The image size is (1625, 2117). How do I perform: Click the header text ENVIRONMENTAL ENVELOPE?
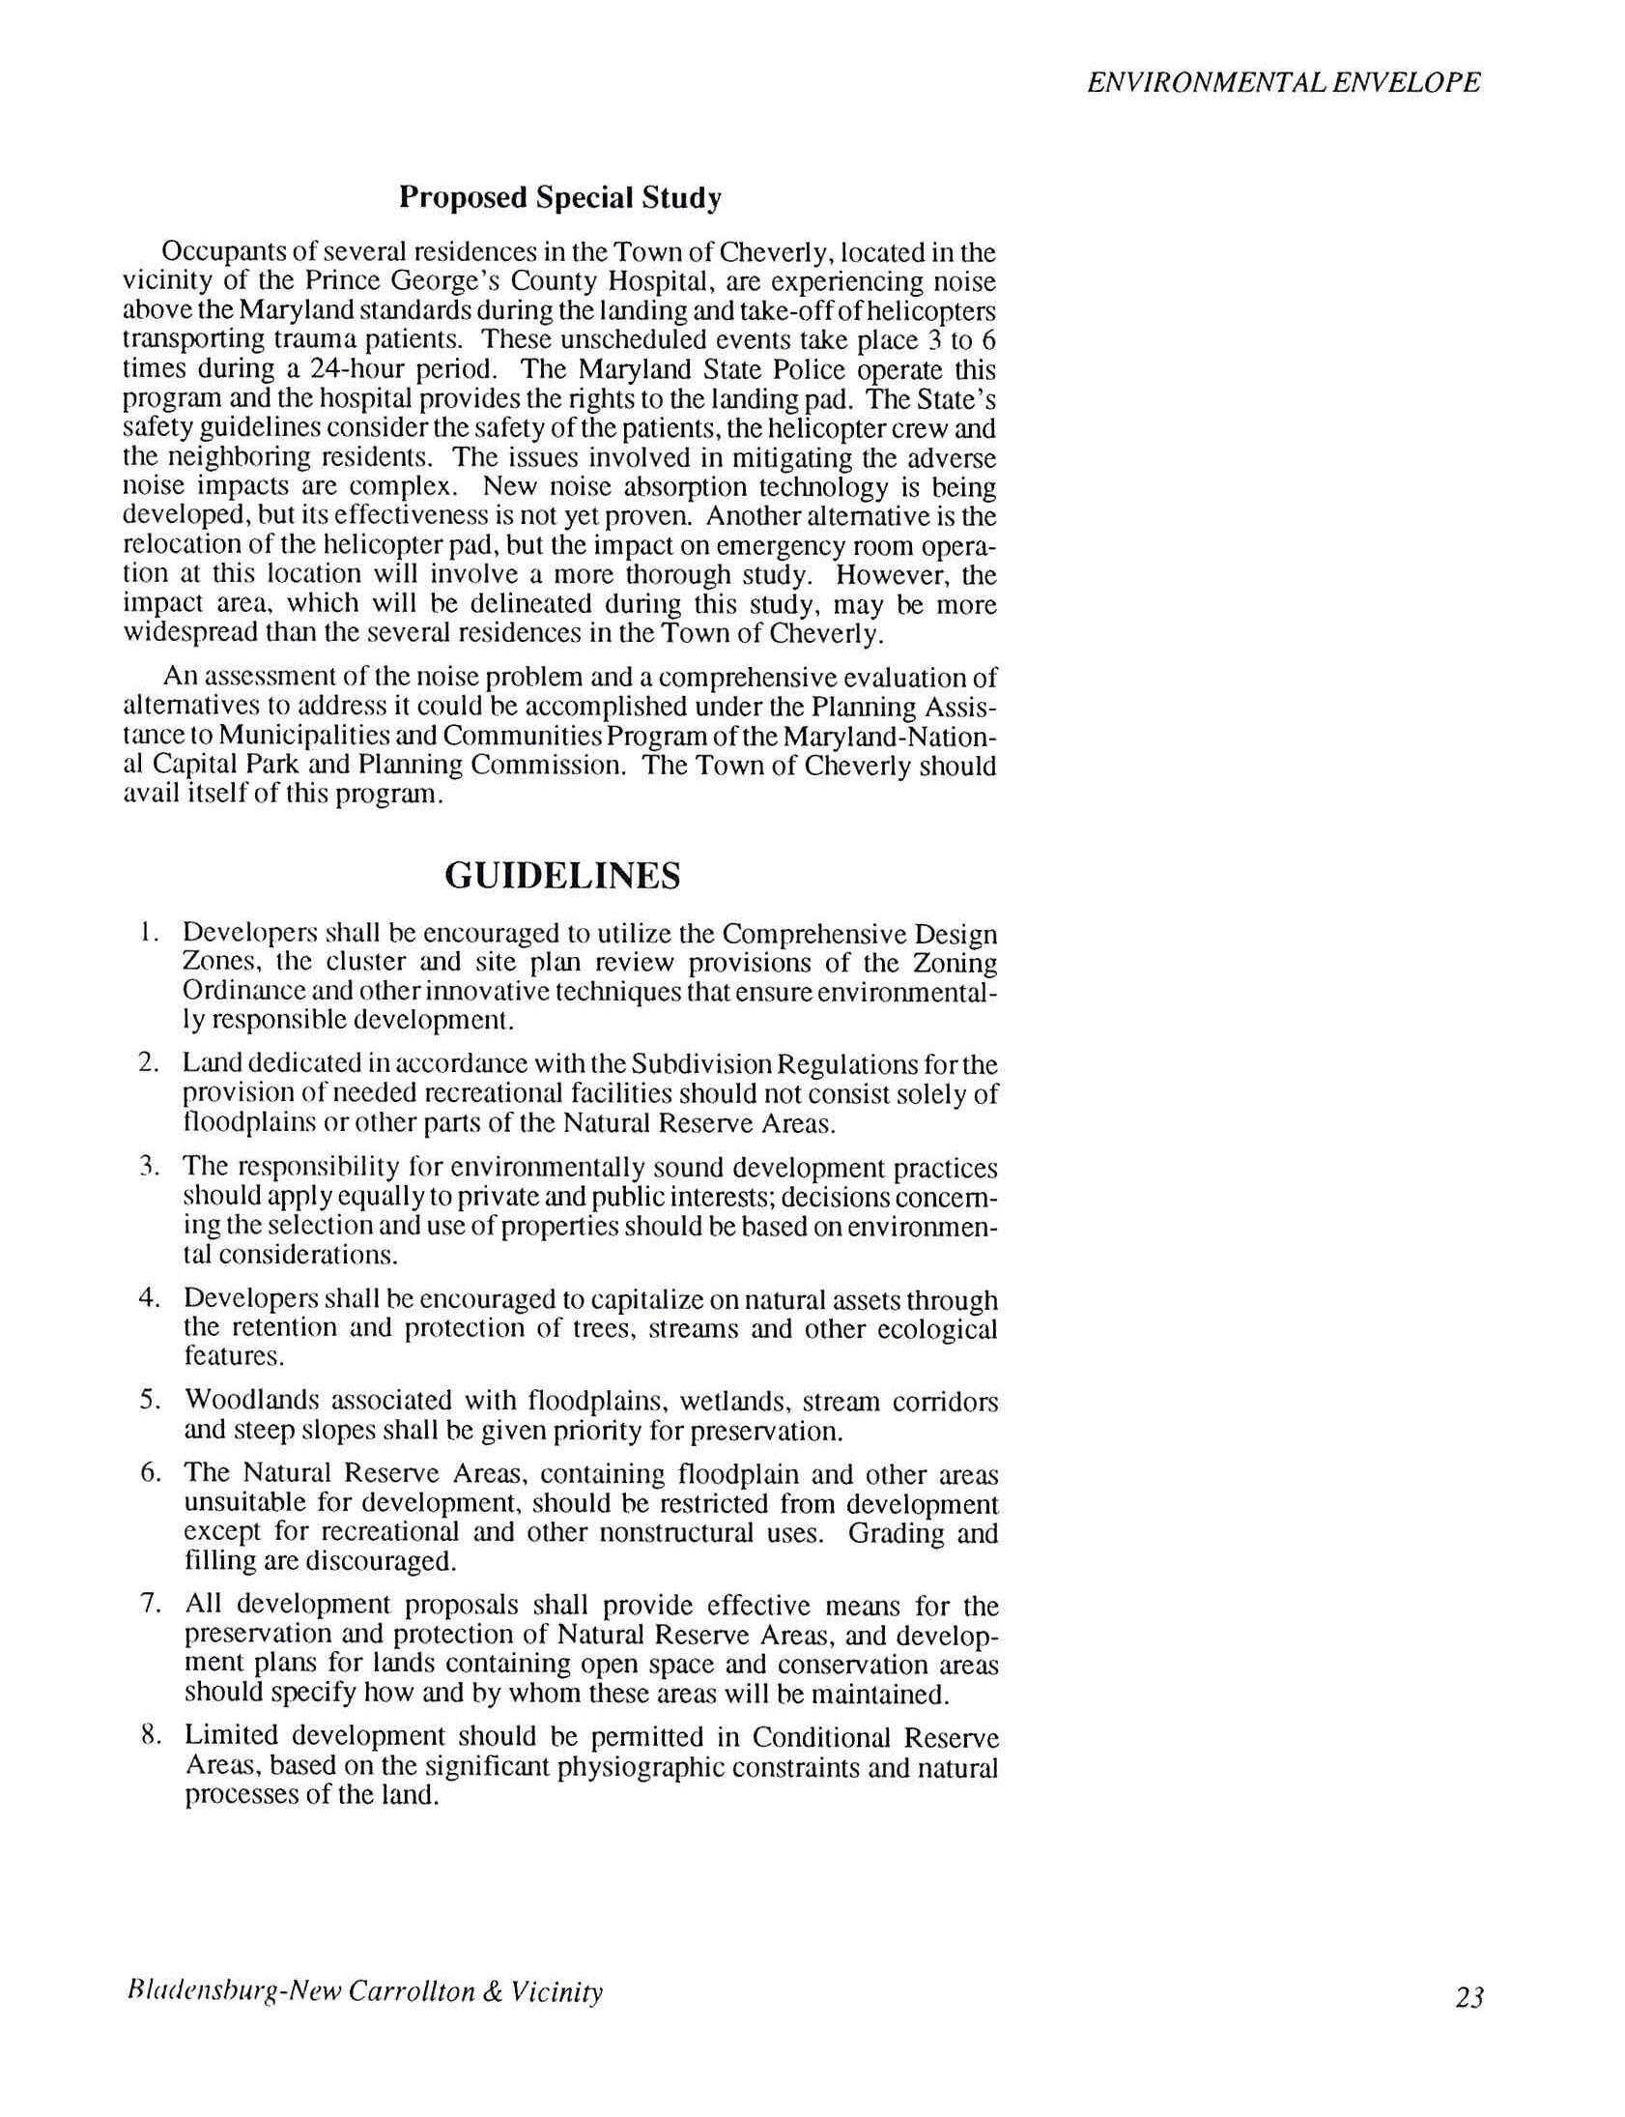click(x=1284, y=82)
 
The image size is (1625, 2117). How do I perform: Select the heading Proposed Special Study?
click(x=560, y=197)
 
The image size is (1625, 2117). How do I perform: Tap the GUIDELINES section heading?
click(x=562, y=876)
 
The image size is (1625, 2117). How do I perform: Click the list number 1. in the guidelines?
click(x=147, y=933)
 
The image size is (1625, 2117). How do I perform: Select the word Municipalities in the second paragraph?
click(x=282, y=737)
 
